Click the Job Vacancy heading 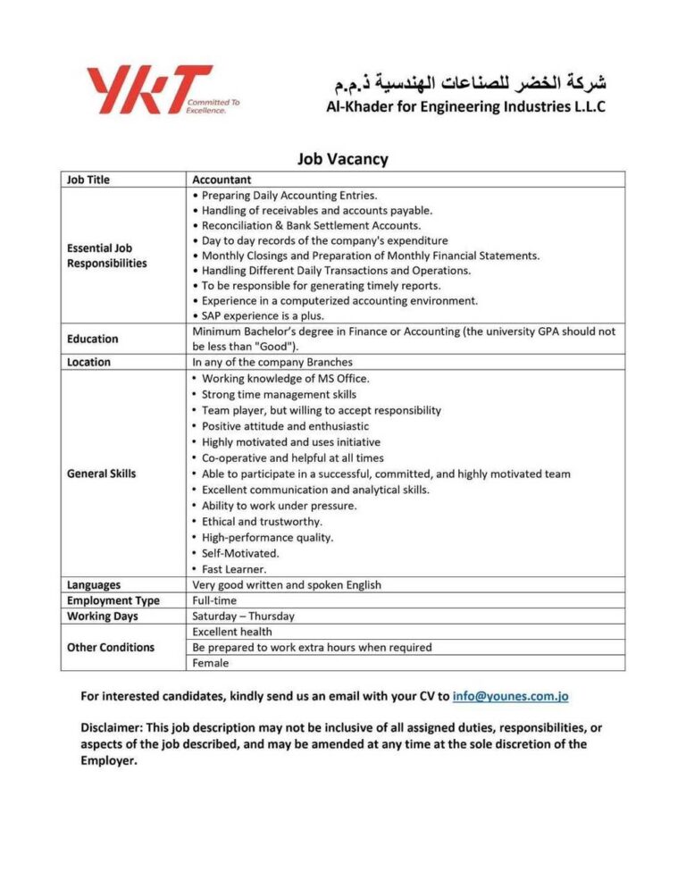click(342, 160)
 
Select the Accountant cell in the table click(222, 180)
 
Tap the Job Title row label click(88, 180)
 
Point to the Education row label click(92, 339)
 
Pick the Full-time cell click(214, 600)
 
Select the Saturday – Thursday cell click(243, 616)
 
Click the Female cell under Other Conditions click(211, 663)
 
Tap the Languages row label click(94, 585)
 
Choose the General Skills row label click(102, 474)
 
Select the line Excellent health click(232, 632)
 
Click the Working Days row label click(102, 616)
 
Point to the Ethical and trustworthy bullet click(262, 521)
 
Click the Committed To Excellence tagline click(213, 106)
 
